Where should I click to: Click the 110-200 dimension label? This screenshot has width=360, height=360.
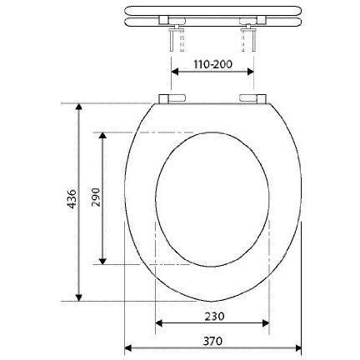212,64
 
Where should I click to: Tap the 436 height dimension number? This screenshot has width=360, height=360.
72,199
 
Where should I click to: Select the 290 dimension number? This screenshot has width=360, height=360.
96,197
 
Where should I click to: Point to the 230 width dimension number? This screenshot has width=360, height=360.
214,317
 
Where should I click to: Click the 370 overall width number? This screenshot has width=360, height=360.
212,341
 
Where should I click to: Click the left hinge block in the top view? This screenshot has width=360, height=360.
172,98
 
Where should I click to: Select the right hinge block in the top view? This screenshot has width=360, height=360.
252,98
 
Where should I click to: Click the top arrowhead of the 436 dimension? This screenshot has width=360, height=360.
79,107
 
